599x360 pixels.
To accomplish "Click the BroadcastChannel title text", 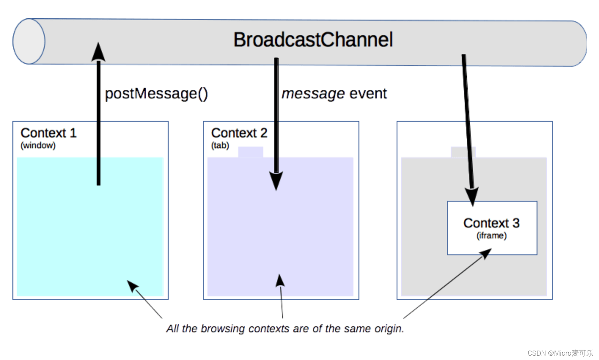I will tap(313, 40).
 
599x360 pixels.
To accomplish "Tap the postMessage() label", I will tap(156, 94).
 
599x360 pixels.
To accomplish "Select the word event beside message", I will tap(368, 93).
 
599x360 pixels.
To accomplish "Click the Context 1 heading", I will tap(48, 133).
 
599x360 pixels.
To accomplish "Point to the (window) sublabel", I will tap(38, 146).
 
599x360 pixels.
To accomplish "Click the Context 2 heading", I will tap(239, 133).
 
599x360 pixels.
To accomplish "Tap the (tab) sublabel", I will tap(220, 146).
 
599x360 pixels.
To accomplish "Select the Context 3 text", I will tap(491, 223).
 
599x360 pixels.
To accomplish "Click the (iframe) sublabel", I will tap(491, 235).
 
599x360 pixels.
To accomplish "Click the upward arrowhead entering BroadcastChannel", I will tap(98, 52).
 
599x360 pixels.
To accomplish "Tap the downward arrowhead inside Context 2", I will tap(276, 181).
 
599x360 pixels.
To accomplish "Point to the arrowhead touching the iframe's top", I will tap(472, 197).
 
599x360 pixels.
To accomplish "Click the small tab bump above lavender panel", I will tap(251, 152).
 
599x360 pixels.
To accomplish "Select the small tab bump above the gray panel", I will tap(463, 152).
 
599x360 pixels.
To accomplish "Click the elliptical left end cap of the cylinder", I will tap(29, 41).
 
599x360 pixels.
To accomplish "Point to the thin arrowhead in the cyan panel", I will tap(132, 286).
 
